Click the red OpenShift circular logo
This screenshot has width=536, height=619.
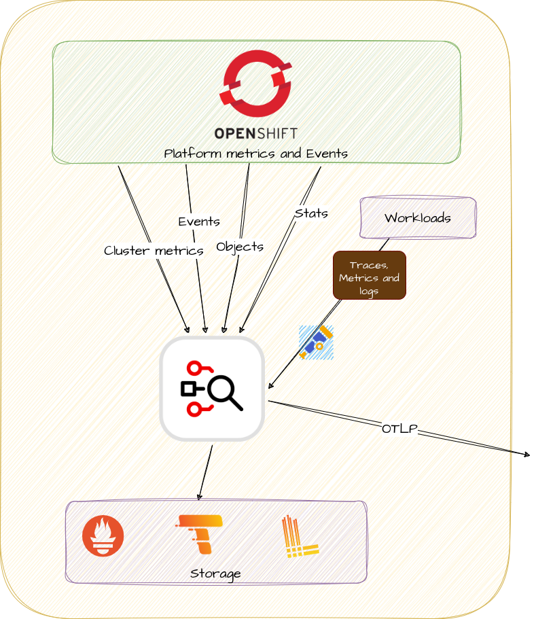(x=255, y=84)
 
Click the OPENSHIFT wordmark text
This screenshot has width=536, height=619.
(x=255, y=133)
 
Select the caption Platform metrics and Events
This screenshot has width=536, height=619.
(x=255, y=153)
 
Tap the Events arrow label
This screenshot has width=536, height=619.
(x=199, y=222)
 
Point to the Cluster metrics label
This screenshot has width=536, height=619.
(x=154, y=251)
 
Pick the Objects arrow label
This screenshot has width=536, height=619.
(x=240, y=247)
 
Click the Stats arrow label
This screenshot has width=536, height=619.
(x=311, y=213)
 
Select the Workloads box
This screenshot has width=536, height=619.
(x=418, y=217)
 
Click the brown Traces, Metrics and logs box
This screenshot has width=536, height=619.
(x=370, y=275)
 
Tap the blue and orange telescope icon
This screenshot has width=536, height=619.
(x=316, y=342)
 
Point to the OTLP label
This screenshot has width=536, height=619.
(x=399, y=429)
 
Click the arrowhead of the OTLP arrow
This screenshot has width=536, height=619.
(x=527, y=455)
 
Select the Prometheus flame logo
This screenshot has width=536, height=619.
(x=103, y=535)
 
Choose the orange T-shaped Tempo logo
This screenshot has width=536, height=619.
(x=199, y=535)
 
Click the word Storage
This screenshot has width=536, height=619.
(x=215, y=574)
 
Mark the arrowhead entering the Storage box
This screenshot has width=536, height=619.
(x=200, y=497)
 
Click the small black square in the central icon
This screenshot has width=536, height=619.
(x=188, y=389)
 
